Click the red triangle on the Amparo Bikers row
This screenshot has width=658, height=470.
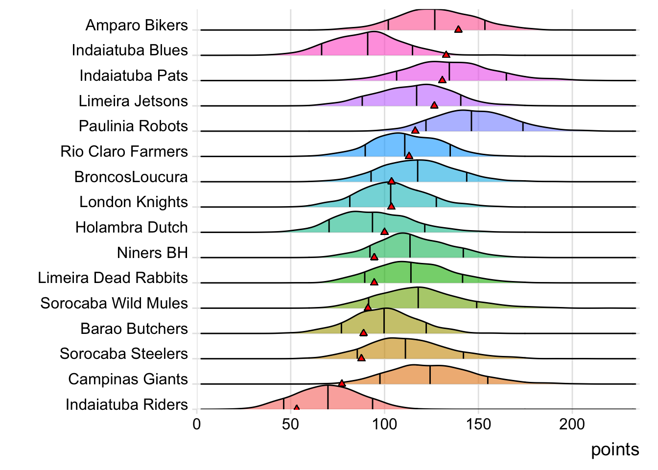coord(458,29)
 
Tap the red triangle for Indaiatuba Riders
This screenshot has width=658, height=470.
coord(296,408)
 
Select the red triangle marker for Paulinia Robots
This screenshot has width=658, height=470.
coord(415,130)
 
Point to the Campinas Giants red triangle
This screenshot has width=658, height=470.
coord(342,383)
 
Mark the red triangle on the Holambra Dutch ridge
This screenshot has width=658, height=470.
coord(384,232)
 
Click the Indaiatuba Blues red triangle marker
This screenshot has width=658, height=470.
coord(446,54)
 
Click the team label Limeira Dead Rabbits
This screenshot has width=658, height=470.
coord(113,278)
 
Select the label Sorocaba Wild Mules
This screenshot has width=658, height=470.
coord(114,303)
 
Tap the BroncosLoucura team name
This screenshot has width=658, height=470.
coord(131,177)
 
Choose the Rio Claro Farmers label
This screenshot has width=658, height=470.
coord(124,151)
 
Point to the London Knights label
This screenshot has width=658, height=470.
coord(133,202)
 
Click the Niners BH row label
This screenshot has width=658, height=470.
coord(152,253)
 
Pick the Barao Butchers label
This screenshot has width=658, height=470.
coord(134,329)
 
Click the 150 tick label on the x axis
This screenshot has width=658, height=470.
coord(478,424)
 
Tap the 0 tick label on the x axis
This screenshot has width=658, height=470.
coord(197,424)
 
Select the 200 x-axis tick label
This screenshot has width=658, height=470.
coord(572,424)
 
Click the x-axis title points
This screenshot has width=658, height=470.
coord(615,449)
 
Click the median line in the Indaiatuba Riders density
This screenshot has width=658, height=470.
coord(328,397)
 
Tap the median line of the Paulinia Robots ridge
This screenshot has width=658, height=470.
coord(471,121)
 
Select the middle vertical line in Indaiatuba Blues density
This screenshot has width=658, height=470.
coord(368,44)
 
